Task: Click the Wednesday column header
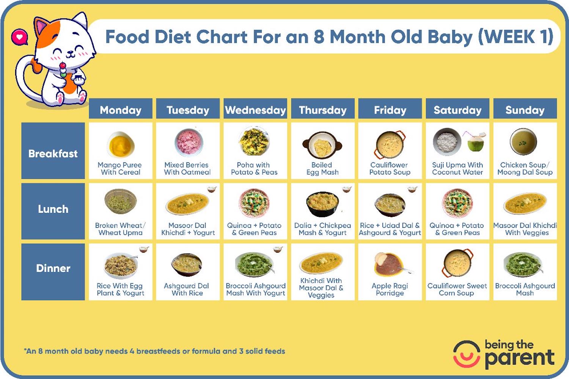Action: pyautogui.click(x=255, y=110)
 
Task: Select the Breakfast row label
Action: pyautogui.click(x=53, y=153)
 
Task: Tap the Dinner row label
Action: pyautogui.click(x=53, y=268)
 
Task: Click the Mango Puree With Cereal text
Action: pyautogui.click(x=120, y=169)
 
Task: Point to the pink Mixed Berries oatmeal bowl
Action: pyautogui.click(x=188, y=142)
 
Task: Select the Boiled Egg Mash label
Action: pyautogui.click(x=322, y=169)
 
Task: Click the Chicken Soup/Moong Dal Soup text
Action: pyautogui.click(x=525, y=169)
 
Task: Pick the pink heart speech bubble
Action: pyautogui.click(x=19, y=37)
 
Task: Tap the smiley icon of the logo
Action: pyautogui.click(x=466, y=354)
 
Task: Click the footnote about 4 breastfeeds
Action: pyautogui.click(x=155, y=351)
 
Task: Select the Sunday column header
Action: pyautogui.click(x=525, y=110)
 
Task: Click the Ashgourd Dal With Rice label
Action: pyautogui.click(x=187, y=290)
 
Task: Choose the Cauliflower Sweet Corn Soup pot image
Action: pyautogui.click(x=457, y=263)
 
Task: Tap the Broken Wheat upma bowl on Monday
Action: pyautogui.click(x=120, y=201)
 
